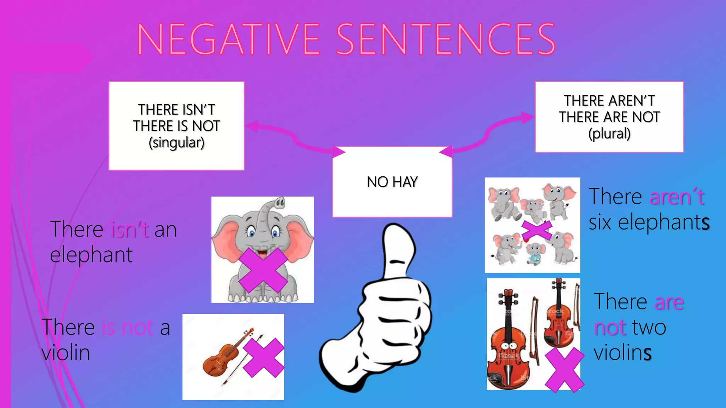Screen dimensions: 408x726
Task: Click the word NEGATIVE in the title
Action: coord(229,39)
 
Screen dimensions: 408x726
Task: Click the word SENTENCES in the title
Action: coord(446,39)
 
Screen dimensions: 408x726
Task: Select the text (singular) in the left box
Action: coord(177,143)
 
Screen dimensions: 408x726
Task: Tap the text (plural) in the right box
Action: coord(609,134)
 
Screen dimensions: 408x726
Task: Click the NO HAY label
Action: coord(392,182)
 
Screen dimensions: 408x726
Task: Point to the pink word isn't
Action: coord(130,229)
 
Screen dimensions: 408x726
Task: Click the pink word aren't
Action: coord(676,197)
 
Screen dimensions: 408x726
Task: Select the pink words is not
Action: coord(128,327)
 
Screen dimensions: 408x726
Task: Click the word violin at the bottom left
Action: coord(66,353)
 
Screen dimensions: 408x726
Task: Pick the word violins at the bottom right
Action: coord(623,353)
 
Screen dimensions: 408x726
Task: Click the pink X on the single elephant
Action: coord(263,270)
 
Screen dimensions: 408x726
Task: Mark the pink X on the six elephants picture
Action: coord(537,231)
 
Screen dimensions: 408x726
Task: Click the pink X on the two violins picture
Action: coord(564,370)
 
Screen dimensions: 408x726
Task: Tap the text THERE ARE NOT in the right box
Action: coord(609,117)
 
